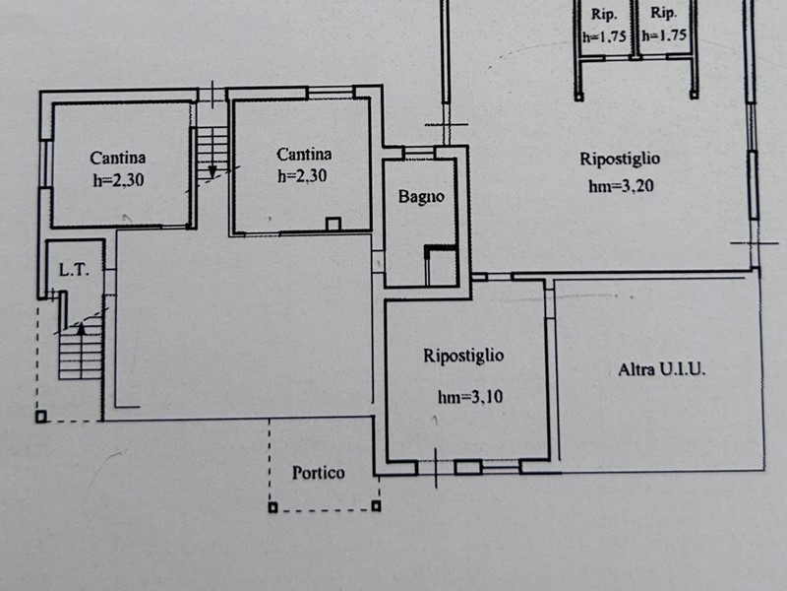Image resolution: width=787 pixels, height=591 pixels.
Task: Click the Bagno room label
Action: (x=421, y=196)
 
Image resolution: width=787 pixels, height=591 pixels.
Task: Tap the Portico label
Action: (x=318, y=473)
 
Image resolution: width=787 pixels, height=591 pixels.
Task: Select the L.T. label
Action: (x=75, y=270)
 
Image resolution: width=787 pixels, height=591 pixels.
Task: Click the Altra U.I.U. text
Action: (x=661, y=370)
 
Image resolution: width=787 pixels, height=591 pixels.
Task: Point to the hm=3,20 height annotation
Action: (x=621, y=186)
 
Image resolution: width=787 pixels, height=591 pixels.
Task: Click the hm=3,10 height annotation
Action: (x=470, y=397)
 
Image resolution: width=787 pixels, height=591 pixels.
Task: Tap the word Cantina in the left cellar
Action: (x=118, y=158)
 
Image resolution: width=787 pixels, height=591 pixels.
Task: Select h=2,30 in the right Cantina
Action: (x=302, y=175)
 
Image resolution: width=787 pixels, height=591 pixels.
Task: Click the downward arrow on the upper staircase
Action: (x=212, y=171)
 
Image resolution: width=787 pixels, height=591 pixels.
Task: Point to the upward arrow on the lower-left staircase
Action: (x=81, y=329)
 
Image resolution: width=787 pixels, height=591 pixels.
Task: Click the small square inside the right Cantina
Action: (x=333, y=224)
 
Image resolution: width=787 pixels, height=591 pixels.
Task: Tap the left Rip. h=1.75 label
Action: (x=604, y=26)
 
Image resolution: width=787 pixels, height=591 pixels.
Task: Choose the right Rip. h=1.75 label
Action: (x=663, y=24)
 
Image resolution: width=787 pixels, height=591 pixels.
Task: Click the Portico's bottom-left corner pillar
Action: (x=272, y=507)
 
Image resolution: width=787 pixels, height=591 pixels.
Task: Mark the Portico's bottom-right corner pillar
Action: (x=376, y=505)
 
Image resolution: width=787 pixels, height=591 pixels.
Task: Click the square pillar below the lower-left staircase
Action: (x=41, y=417)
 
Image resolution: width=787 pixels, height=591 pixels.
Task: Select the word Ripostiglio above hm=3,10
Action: (x=463, y=356)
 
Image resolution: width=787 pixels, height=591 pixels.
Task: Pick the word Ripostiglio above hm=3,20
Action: (x=620, y=159)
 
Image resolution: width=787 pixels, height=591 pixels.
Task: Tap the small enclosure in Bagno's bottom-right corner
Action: (x=441, y=265)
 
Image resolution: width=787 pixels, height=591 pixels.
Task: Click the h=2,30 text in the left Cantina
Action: (x=118, y=179)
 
